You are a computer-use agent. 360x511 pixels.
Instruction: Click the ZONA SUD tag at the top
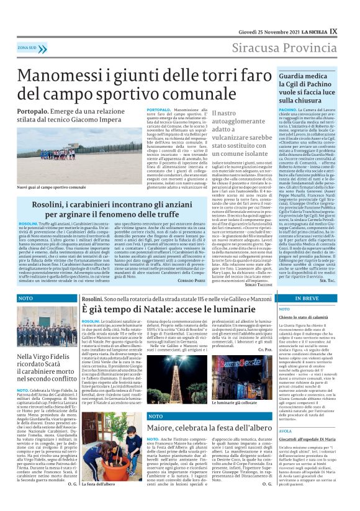pos(27,47)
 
